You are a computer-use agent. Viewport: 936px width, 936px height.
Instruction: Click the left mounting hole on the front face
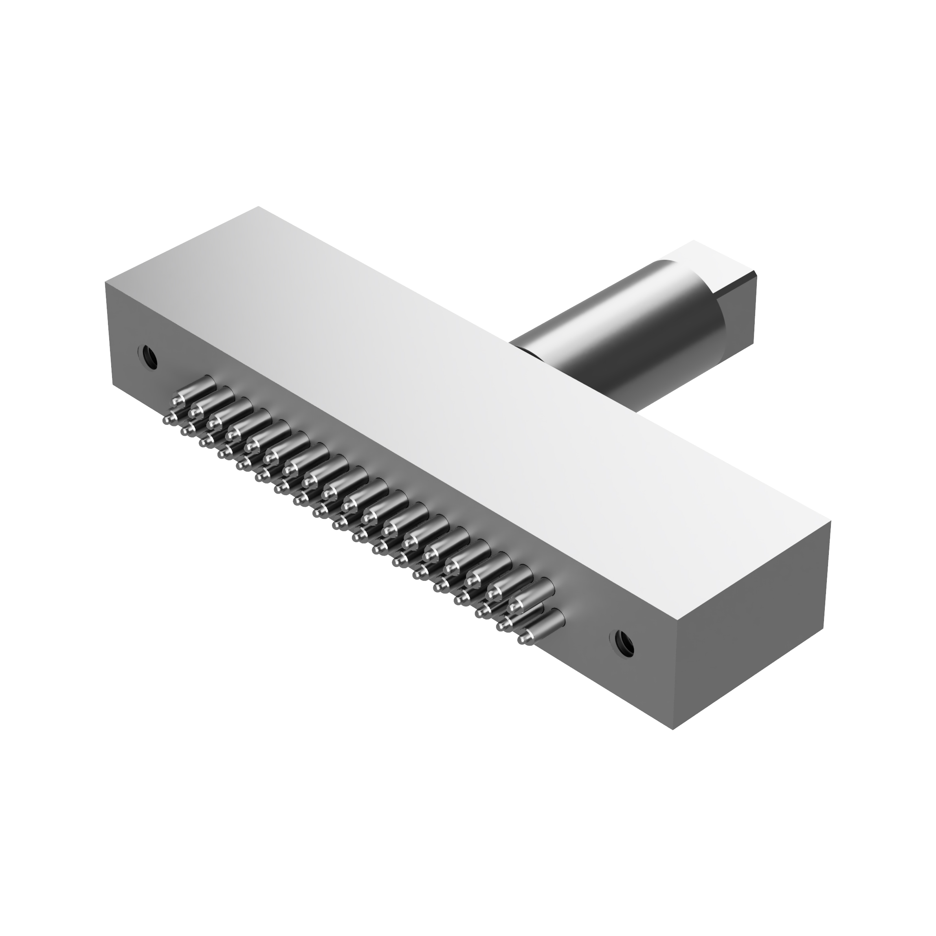click(147, 357)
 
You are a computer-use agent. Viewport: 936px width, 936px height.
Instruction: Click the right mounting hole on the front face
click(624, 642)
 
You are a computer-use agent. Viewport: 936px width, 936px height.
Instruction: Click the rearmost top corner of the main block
click(258, 207)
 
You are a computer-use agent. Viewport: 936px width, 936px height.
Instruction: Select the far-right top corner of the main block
click(831, 522)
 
